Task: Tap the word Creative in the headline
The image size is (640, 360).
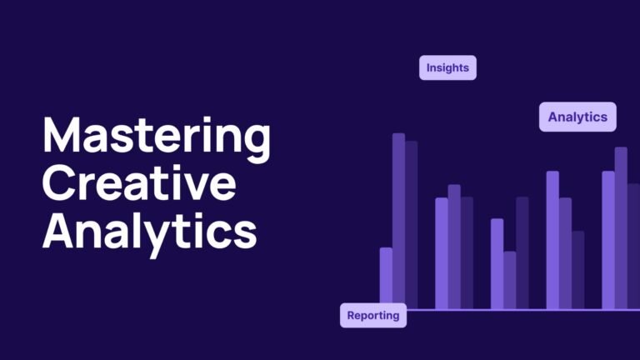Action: [x=138, y=183]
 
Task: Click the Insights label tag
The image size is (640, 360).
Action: [x=447, y=67]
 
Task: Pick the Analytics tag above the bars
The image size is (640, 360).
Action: [x=577, y=117]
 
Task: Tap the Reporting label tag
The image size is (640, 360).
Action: [x=372, y=316]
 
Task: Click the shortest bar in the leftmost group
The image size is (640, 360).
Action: [x=386, y=278]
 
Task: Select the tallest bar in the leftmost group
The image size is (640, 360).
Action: [x=398, y=221]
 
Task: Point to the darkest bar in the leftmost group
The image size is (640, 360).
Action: [x=411, y=225]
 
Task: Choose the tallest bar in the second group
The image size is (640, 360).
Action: [x=454, y=247]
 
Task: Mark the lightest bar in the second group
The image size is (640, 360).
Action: [x=442, y=253]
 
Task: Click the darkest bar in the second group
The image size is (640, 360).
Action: [x=467, y=253]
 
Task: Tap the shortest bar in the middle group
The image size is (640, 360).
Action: [x=510, y=280]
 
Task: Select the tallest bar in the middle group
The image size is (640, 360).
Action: [x=522, y=253]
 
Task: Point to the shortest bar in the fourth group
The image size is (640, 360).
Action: [x=577, y=270]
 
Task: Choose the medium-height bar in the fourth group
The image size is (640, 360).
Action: [x=565, y=253]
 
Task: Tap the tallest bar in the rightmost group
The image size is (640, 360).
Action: [x=621, y=228]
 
